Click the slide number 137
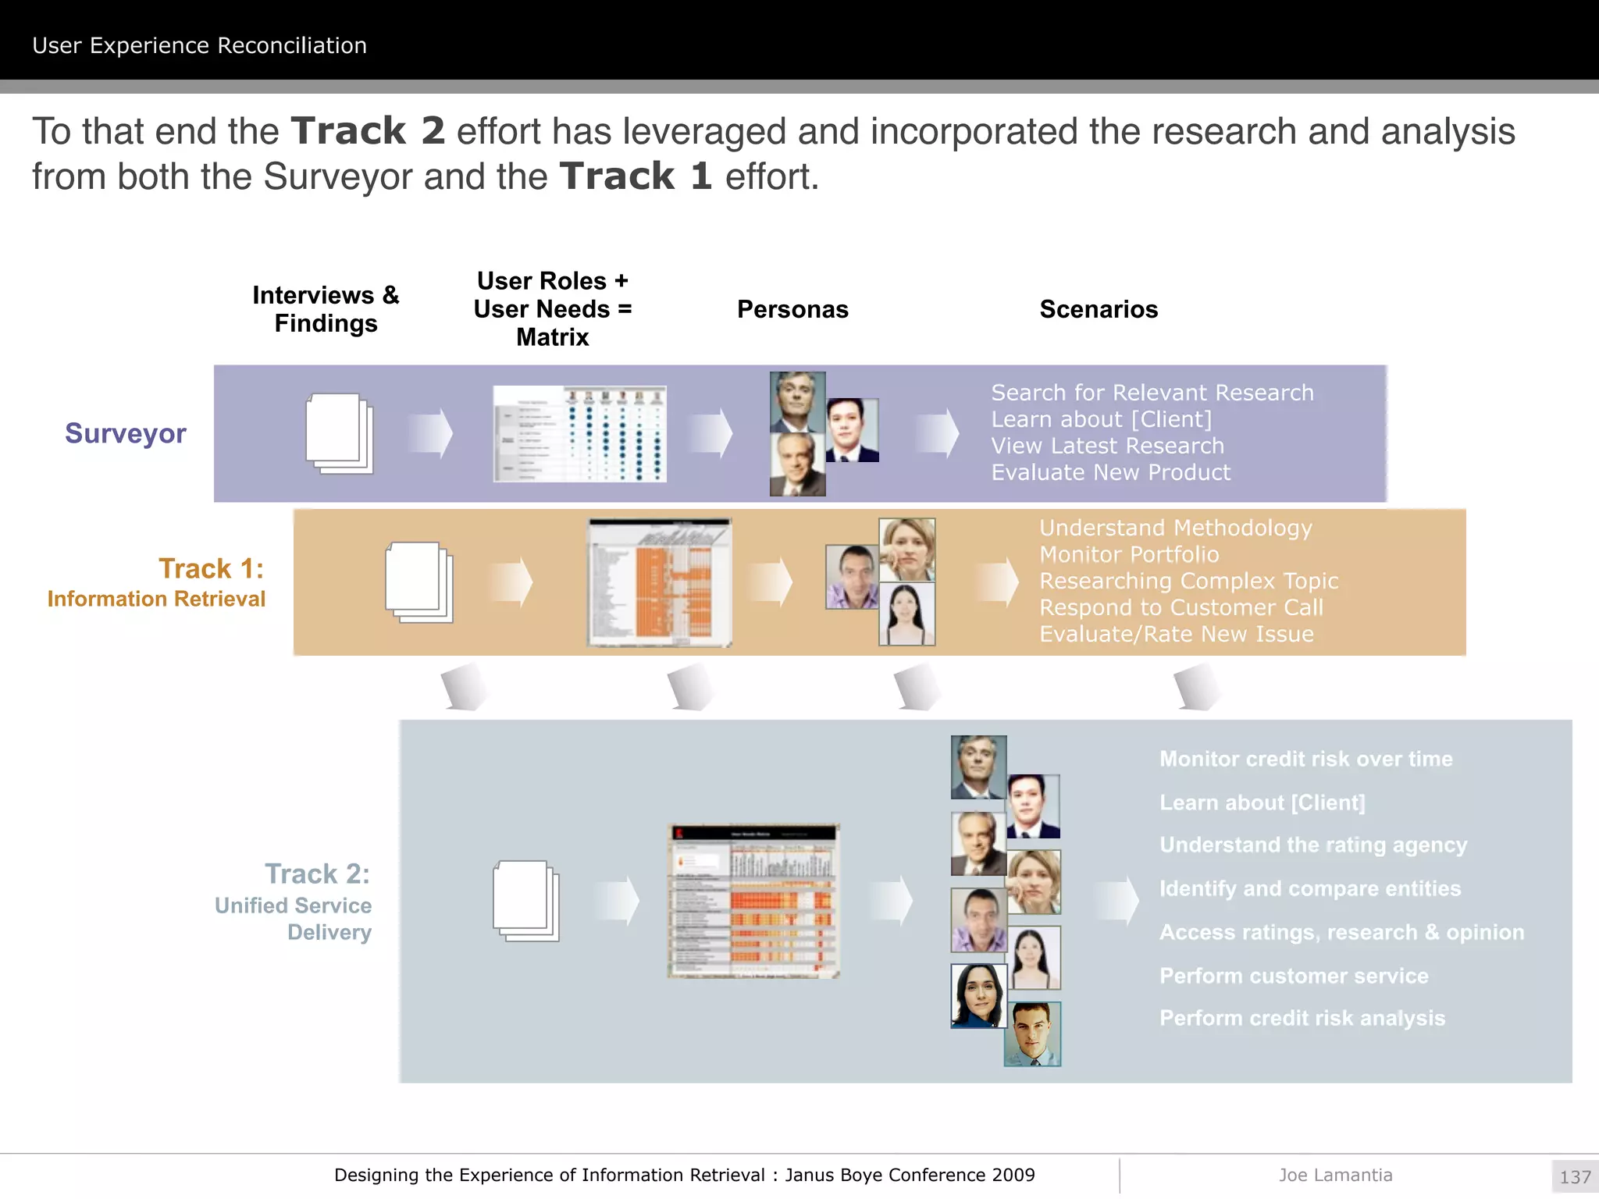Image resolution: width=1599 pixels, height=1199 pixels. [x=1575, y=1176]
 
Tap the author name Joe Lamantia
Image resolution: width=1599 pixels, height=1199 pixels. [x=1335, y=1175]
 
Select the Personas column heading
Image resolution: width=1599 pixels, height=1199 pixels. [x=792, y=309]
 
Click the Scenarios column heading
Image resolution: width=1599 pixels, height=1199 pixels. [x=1099, y=309]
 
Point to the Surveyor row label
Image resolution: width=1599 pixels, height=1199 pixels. [x=126, y=433]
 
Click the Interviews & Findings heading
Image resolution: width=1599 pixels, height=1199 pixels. [x=326, y=309]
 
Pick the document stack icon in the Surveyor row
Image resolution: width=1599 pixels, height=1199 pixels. [x=339, y=433]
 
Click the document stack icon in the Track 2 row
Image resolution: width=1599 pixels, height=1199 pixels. [x=526, y=901]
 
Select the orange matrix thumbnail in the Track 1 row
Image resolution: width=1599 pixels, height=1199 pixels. [x=660, y=582]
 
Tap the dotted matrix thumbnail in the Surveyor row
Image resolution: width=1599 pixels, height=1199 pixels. [x=579, y=434]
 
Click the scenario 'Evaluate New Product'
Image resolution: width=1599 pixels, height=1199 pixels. [x=1110, y=472]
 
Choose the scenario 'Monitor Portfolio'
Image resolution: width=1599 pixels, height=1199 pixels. [x=1129, y=554]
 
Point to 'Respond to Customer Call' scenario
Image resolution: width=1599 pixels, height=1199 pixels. [x=1181, y=607]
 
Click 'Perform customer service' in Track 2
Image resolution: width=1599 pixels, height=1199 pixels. [x=1294, y=976]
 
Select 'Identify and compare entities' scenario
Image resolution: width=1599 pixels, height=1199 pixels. [x=1310, y=888]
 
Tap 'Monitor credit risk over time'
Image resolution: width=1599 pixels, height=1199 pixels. [x=1306, y=759]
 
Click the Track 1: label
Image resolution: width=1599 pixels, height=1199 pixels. [x=212, y=568]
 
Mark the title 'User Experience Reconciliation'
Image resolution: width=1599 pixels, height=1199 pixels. [x=200, y=45]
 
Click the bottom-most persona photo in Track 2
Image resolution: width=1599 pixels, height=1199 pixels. [x=1032, y=1034]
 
